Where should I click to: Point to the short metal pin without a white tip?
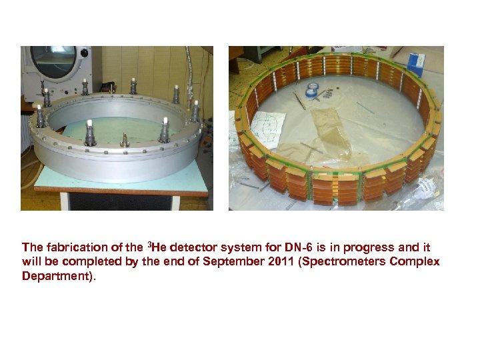point(124,139)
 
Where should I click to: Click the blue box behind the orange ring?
point(416,63)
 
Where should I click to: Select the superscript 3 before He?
point(149,243)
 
